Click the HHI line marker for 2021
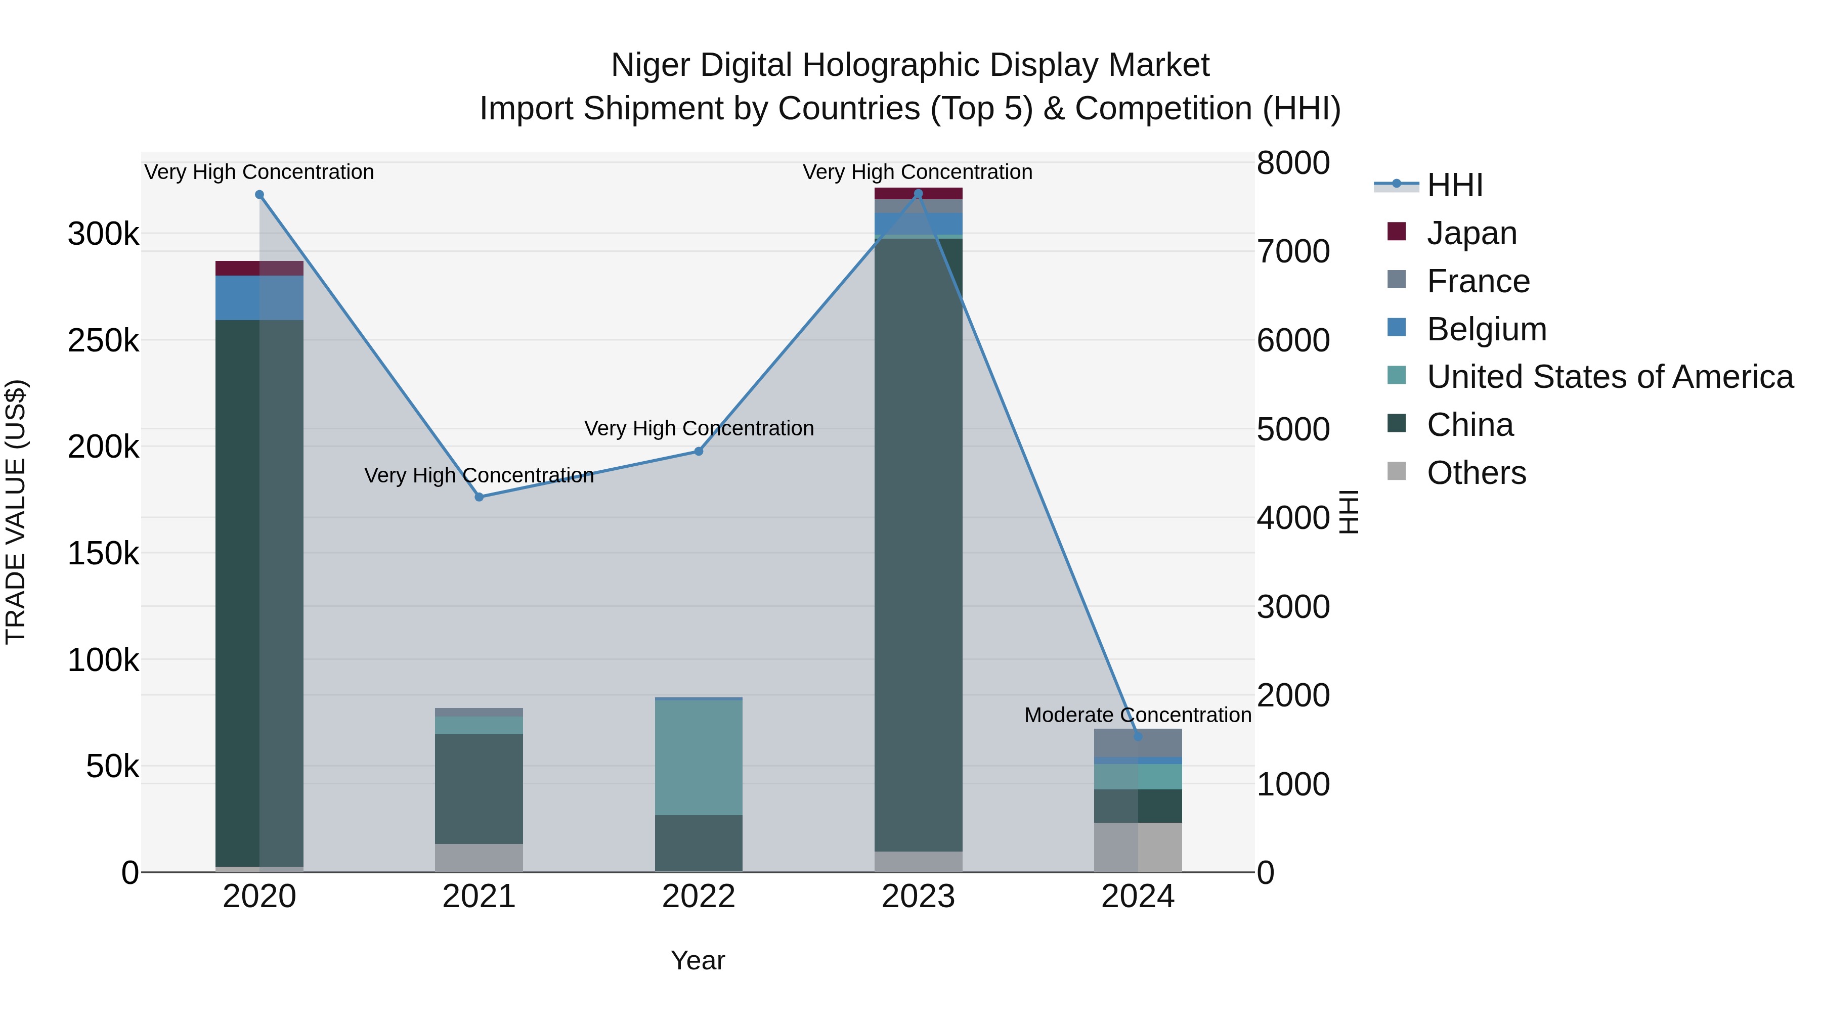point(480,497)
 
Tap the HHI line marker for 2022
point(699,451)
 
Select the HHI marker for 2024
point(1138,736)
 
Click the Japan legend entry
point(1472,233)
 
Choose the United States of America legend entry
point(1610,377)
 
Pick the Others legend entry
point(1476,473)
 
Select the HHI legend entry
point(1454,185)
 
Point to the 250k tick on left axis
point(103,341)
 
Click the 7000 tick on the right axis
point(1293,252)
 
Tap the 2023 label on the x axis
point(918,897)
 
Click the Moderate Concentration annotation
point(1138,715)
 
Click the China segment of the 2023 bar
point(918,544)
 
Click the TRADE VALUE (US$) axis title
point(16,512)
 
